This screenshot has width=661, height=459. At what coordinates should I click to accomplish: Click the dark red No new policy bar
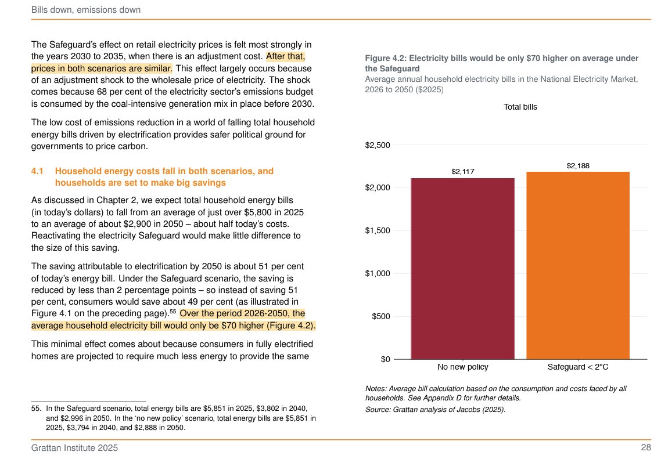[462, 268]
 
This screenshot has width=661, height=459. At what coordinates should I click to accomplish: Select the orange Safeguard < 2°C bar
[578, 265]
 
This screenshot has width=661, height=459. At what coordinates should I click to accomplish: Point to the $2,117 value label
[463, 172]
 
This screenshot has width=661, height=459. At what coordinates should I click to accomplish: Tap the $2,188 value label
[578, 165]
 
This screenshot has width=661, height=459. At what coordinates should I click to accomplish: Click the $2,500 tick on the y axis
[378, 145]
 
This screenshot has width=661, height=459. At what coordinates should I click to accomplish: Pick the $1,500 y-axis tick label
[378, 230]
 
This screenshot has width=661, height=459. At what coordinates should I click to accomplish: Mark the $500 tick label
[381, 316]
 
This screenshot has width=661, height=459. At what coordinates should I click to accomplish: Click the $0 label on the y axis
[385, 359]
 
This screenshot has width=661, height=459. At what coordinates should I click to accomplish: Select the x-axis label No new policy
[463, 367]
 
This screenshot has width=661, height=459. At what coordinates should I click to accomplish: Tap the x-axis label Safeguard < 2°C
[578, 367]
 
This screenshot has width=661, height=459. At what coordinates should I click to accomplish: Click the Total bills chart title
[520, 107]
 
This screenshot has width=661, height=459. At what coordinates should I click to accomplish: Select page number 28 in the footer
[646, 447]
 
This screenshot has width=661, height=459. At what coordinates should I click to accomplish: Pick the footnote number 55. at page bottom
[37, 408]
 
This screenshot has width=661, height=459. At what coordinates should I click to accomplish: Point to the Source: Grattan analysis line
[435, 410]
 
